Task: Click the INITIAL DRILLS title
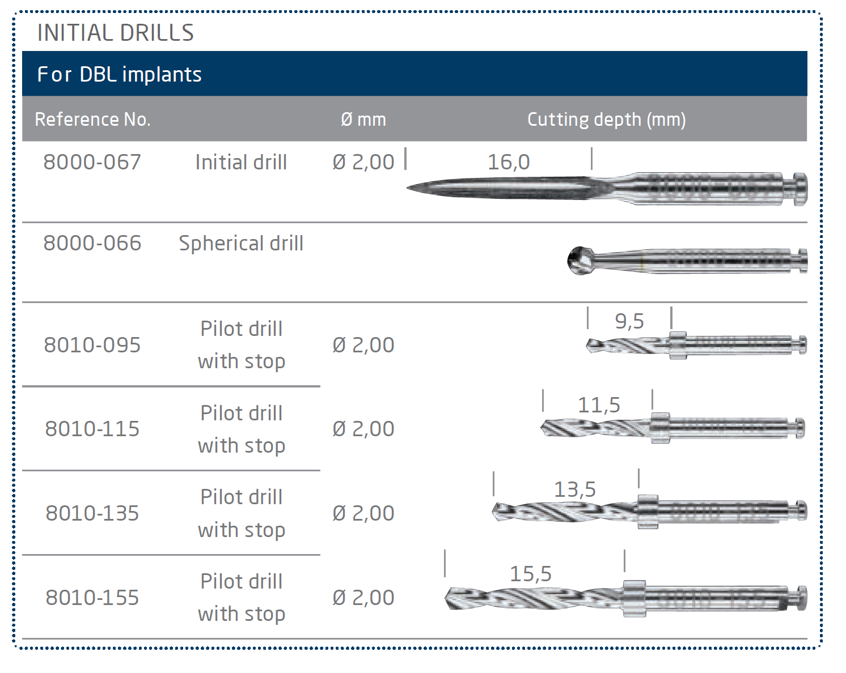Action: click(116, 33)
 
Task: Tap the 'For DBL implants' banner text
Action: click(119, 74)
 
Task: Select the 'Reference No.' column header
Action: click(93, 119)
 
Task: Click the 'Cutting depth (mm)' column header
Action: click(606, 120)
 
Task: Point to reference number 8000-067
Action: click(92, 162)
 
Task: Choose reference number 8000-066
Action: click(92, 243)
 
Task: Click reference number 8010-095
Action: click(92, 345)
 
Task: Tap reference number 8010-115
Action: click(92, 429)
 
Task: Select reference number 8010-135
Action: click(92, 513)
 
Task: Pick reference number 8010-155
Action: click(92, 598)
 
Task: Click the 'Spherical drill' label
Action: click(241, 243)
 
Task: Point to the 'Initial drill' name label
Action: click(241, 162)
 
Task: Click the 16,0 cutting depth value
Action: click(509, 162)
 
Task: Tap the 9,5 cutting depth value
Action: click(629, 321)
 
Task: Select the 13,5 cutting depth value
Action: click(575, 489)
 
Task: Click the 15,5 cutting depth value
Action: click(531, 574)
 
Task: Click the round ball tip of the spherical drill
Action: click(580, 261)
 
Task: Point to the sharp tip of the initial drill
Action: click(407, 188)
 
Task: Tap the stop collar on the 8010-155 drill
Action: click(634, 598)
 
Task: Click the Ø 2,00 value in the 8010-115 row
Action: click(363, 429)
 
